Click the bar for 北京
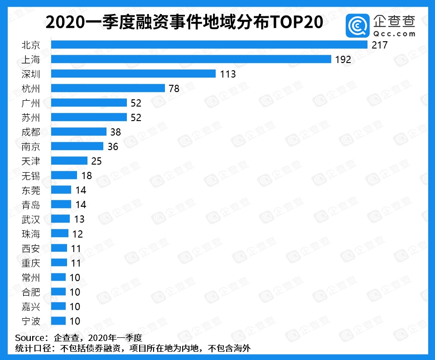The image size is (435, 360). pyautogui.click(x=209, y=45)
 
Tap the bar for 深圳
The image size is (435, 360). pyautogui.click(x=133, y=74)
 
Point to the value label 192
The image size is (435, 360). pyautogui.click(x=343, y=59)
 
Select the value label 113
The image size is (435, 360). pyautogui.click(x=227, y=74)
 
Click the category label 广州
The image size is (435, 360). pyautogui.click(x=31, y=103)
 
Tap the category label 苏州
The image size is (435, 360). pyautogui.click(x=31, y=117)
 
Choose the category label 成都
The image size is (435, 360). pyautogui.click(x=31, y=132)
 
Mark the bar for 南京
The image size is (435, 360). pyautogui.click(x=77, y=146)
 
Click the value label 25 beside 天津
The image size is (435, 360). pyautogui.click(x=96, y=161)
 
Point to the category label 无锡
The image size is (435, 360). pyautogui.click(x=31, y=175)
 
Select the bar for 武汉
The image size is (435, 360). pyautogui.click(x=60, y=219)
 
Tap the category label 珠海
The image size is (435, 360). pyautogui.click(x=31, y=234)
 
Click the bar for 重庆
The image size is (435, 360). pyautogui.click(x=59, y=263)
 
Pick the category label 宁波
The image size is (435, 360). pyautogui.click(x=31, y=321)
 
